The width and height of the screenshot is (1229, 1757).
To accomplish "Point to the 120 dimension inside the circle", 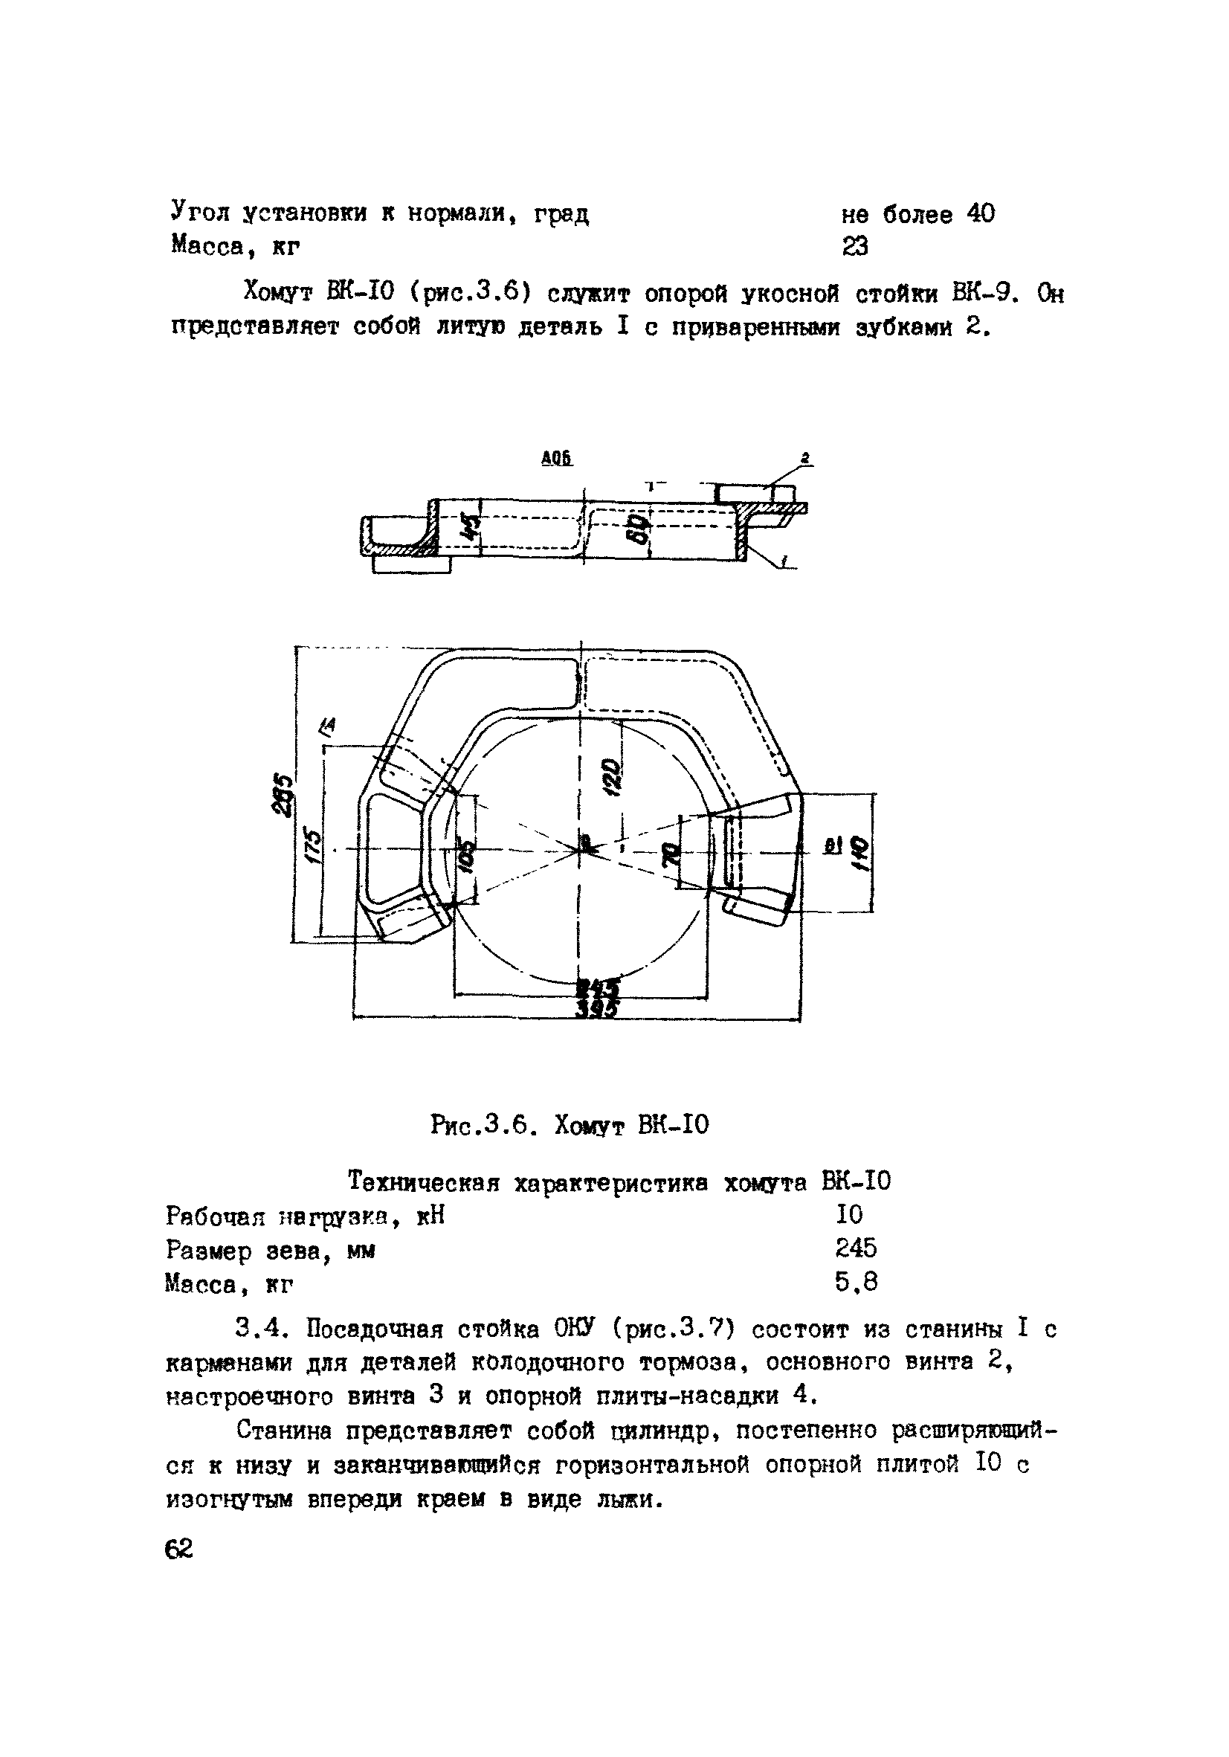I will (611, 777).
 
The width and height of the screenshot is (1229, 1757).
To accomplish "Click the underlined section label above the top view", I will (556, 458).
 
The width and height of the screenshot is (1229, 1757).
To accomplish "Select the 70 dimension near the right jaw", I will (671, 854).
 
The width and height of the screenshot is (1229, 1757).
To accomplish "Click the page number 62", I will (179, 1548).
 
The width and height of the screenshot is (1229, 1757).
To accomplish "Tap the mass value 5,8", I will (856, 1281).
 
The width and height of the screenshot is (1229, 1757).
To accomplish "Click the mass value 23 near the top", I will (855, 246).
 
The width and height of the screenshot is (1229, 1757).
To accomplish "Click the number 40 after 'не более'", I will (980, 213).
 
